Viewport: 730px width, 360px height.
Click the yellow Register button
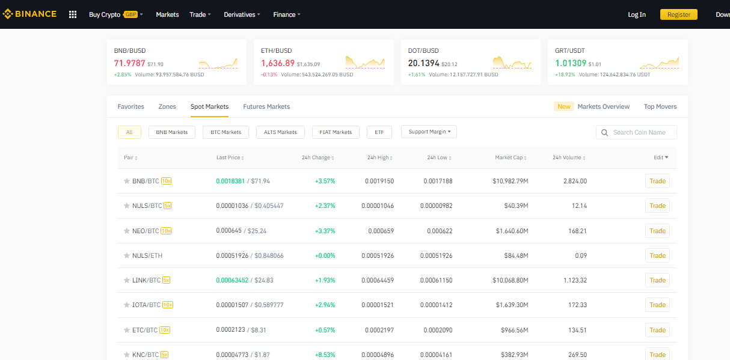tap(678, 14)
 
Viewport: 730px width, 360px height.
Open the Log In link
tap(636, 14)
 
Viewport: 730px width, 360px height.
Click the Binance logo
tap(29, 14)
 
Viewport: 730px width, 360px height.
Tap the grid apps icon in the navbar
tap(73, 14)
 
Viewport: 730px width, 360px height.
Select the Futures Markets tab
tap(266, 106)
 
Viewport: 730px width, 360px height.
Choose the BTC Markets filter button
tap(225, 132)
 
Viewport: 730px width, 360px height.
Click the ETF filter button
tap(379, 132)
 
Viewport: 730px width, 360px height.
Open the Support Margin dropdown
tap(429, 132)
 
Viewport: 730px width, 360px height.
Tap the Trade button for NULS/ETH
tap(657, 255)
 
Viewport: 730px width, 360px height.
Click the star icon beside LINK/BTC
tap(127, 280)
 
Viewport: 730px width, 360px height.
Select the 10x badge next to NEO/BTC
tap(166, 231)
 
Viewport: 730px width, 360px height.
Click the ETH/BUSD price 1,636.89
tap(278, 63)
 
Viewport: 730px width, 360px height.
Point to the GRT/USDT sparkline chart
tap(659, 63)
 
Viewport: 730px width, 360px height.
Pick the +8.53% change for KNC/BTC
tap(325, 355)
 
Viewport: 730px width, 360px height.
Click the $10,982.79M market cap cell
tap(511, 181)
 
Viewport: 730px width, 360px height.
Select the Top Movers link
tap(660, 106)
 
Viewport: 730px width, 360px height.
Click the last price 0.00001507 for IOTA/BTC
tap(232, 305)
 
